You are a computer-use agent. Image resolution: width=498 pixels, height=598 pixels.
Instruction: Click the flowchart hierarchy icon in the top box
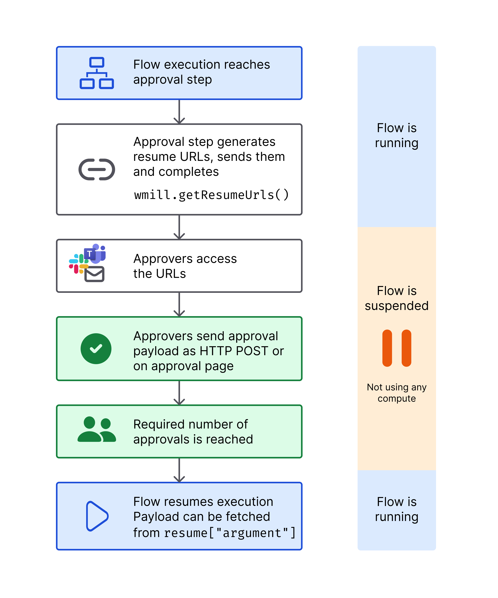click(97, 73)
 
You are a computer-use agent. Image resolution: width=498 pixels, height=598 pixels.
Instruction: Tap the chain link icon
click(97, 169)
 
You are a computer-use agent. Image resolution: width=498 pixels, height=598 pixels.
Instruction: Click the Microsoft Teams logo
click(95, 253)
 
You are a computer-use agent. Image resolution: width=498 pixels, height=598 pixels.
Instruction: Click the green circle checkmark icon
click(96, 349)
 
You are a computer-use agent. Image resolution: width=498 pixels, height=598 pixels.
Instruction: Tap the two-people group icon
click(97, 429)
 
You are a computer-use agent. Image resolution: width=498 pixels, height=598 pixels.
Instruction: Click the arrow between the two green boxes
click(179, 393)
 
